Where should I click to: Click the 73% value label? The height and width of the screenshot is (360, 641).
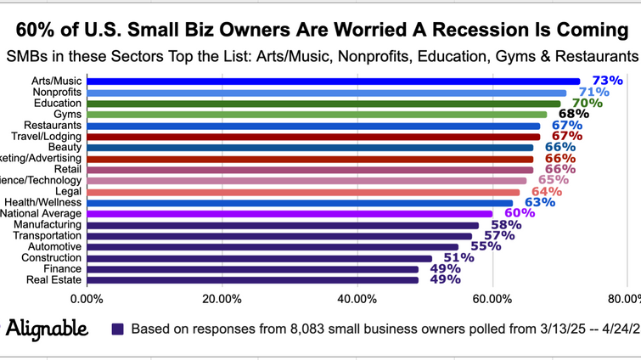click(x=607, y=81)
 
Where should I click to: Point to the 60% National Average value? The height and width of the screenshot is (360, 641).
click(x=519, y=213)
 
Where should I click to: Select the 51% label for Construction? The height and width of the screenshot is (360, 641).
click(x=458, y=257)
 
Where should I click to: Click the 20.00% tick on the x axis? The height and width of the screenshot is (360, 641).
click(x=221, y=299)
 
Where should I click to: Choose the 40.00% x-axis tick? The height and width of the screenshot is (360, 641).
click(x=357, y=299)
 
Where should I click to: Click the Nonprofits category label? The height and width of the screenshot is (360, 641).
click(x=57, y=92)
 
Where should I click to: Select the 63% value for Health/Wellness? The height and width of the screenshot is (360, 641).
click(x=539, y=202)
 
